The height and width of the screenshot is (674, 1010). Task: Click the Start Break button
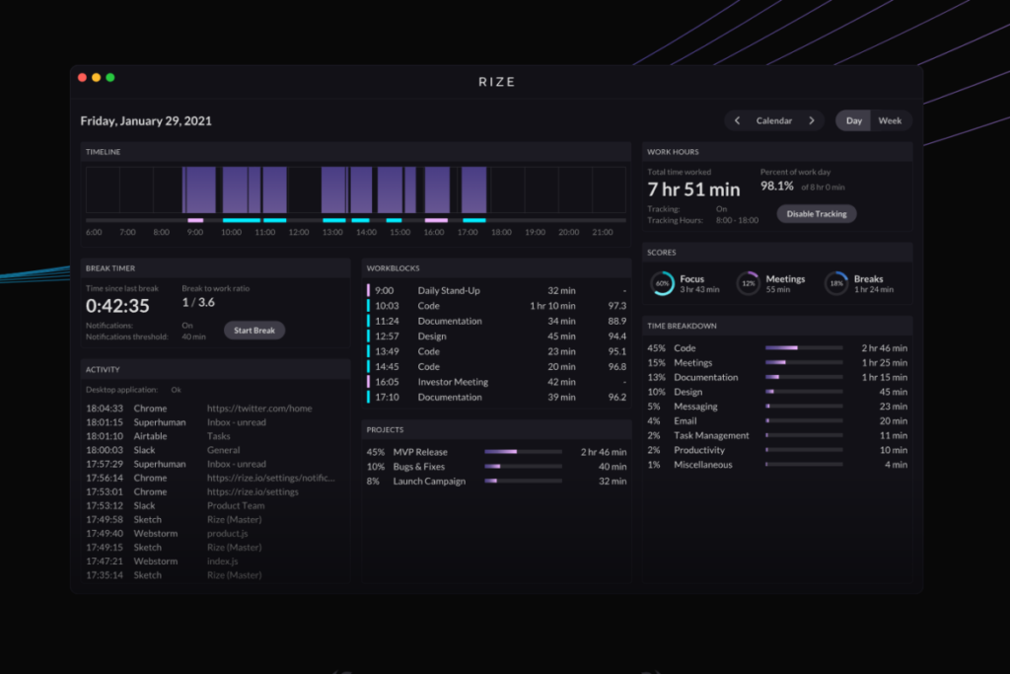click(x=254, y=331)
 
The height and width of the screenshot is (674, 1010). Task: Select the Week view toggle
click(x=890, y=120)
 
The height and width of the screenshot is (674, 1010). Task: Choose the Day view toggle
click(x=854, y=120)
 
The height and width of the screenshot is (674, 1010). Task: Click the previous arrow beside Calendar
click(x=738, y=120)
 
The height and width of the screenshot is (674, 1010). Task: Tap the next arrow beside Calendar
click(x=812, y=120)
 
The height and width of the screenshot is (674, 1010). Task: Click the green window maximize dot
click(x=110, y=78)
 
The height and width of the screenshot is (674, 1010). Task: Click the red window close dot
click(x=82, y=78)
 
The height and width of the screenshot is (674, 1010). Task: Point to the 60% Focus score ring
click(x=663, y=284)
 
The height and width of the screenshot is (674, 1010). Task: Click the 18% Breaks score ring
click(x=836, y=284)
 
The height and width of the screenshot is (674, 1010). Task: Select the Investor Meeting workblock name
click(x=453, y=382)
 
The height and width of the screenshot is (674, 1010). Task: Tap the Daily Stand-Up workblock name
click(x=450, y=291)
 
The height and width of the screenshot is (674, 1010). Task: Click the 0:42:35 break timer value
click(x=117, y=306)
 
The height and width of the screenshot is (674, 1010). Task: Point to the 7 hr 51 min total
click(x=693, y=189)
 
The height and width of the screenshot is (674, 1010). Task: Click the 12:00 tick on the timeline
click(x=299, y=232)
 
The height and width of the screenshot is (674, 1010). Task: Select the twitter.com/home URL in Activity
click(x=259, y=409)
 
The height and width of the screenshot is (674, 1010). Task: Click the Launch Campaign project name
click(x=428, y=482)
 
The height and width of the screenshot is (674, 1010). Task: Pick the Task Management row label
click(x=711, y=435)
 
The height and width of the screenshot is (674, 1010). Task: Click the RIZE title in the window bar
click(x=497, y=82)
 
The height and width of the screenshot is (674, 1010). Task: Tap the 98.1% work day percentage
click(x=777, y=186)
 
